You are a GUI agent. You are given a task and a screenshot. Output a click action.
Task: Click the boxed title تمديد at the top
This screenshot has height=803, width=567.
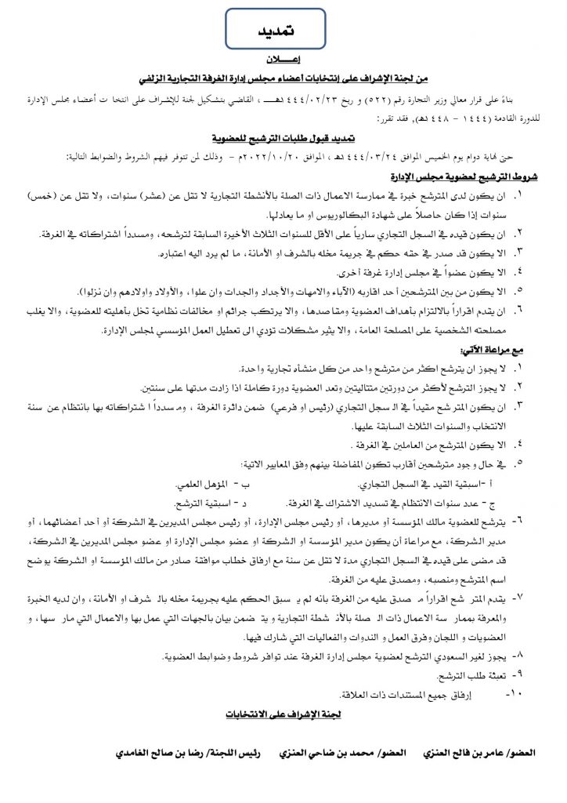pyautogui.click(x=278, y=30)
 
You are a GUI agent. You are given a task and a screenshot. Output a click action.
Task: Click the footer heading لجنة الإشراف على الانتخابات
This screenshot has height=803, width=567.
pyautogui.click(x=283, y=714)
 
